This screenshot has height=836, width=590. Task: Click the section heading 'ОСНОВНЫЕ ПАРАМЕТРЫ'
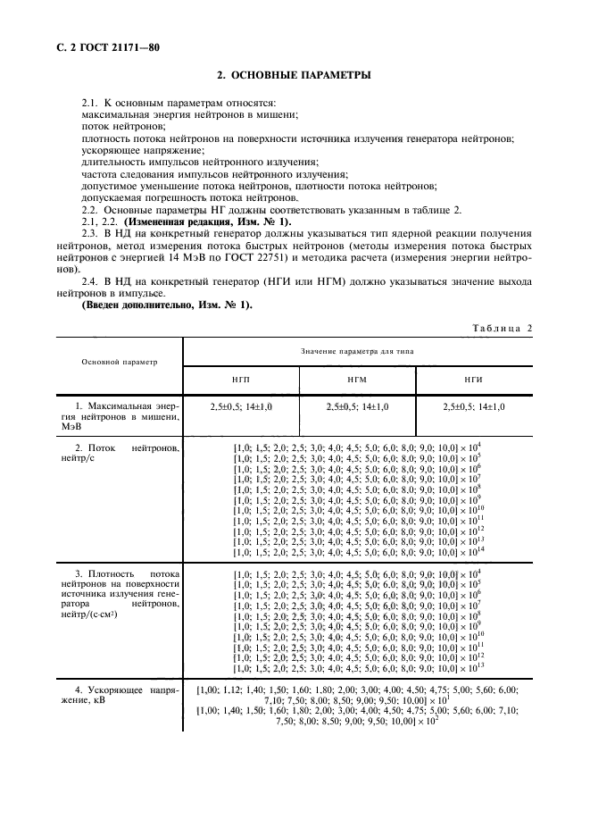[295, 76]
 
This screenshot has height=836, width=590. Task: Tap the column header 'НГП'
[240, 379]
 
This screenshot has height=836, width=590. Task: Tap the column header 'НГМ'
[356, 379]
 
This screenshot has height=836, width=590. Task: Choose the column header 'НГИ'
[473, 379]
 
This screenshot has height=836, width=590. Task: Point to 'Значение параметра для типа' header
[356, 351]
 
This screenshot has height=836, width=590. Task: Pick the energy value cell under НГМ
[356, 406]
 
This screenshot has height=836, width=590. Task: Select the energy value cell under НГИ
[473, 406]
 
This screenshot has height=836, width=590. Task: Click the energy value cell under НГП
[240, 406]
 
